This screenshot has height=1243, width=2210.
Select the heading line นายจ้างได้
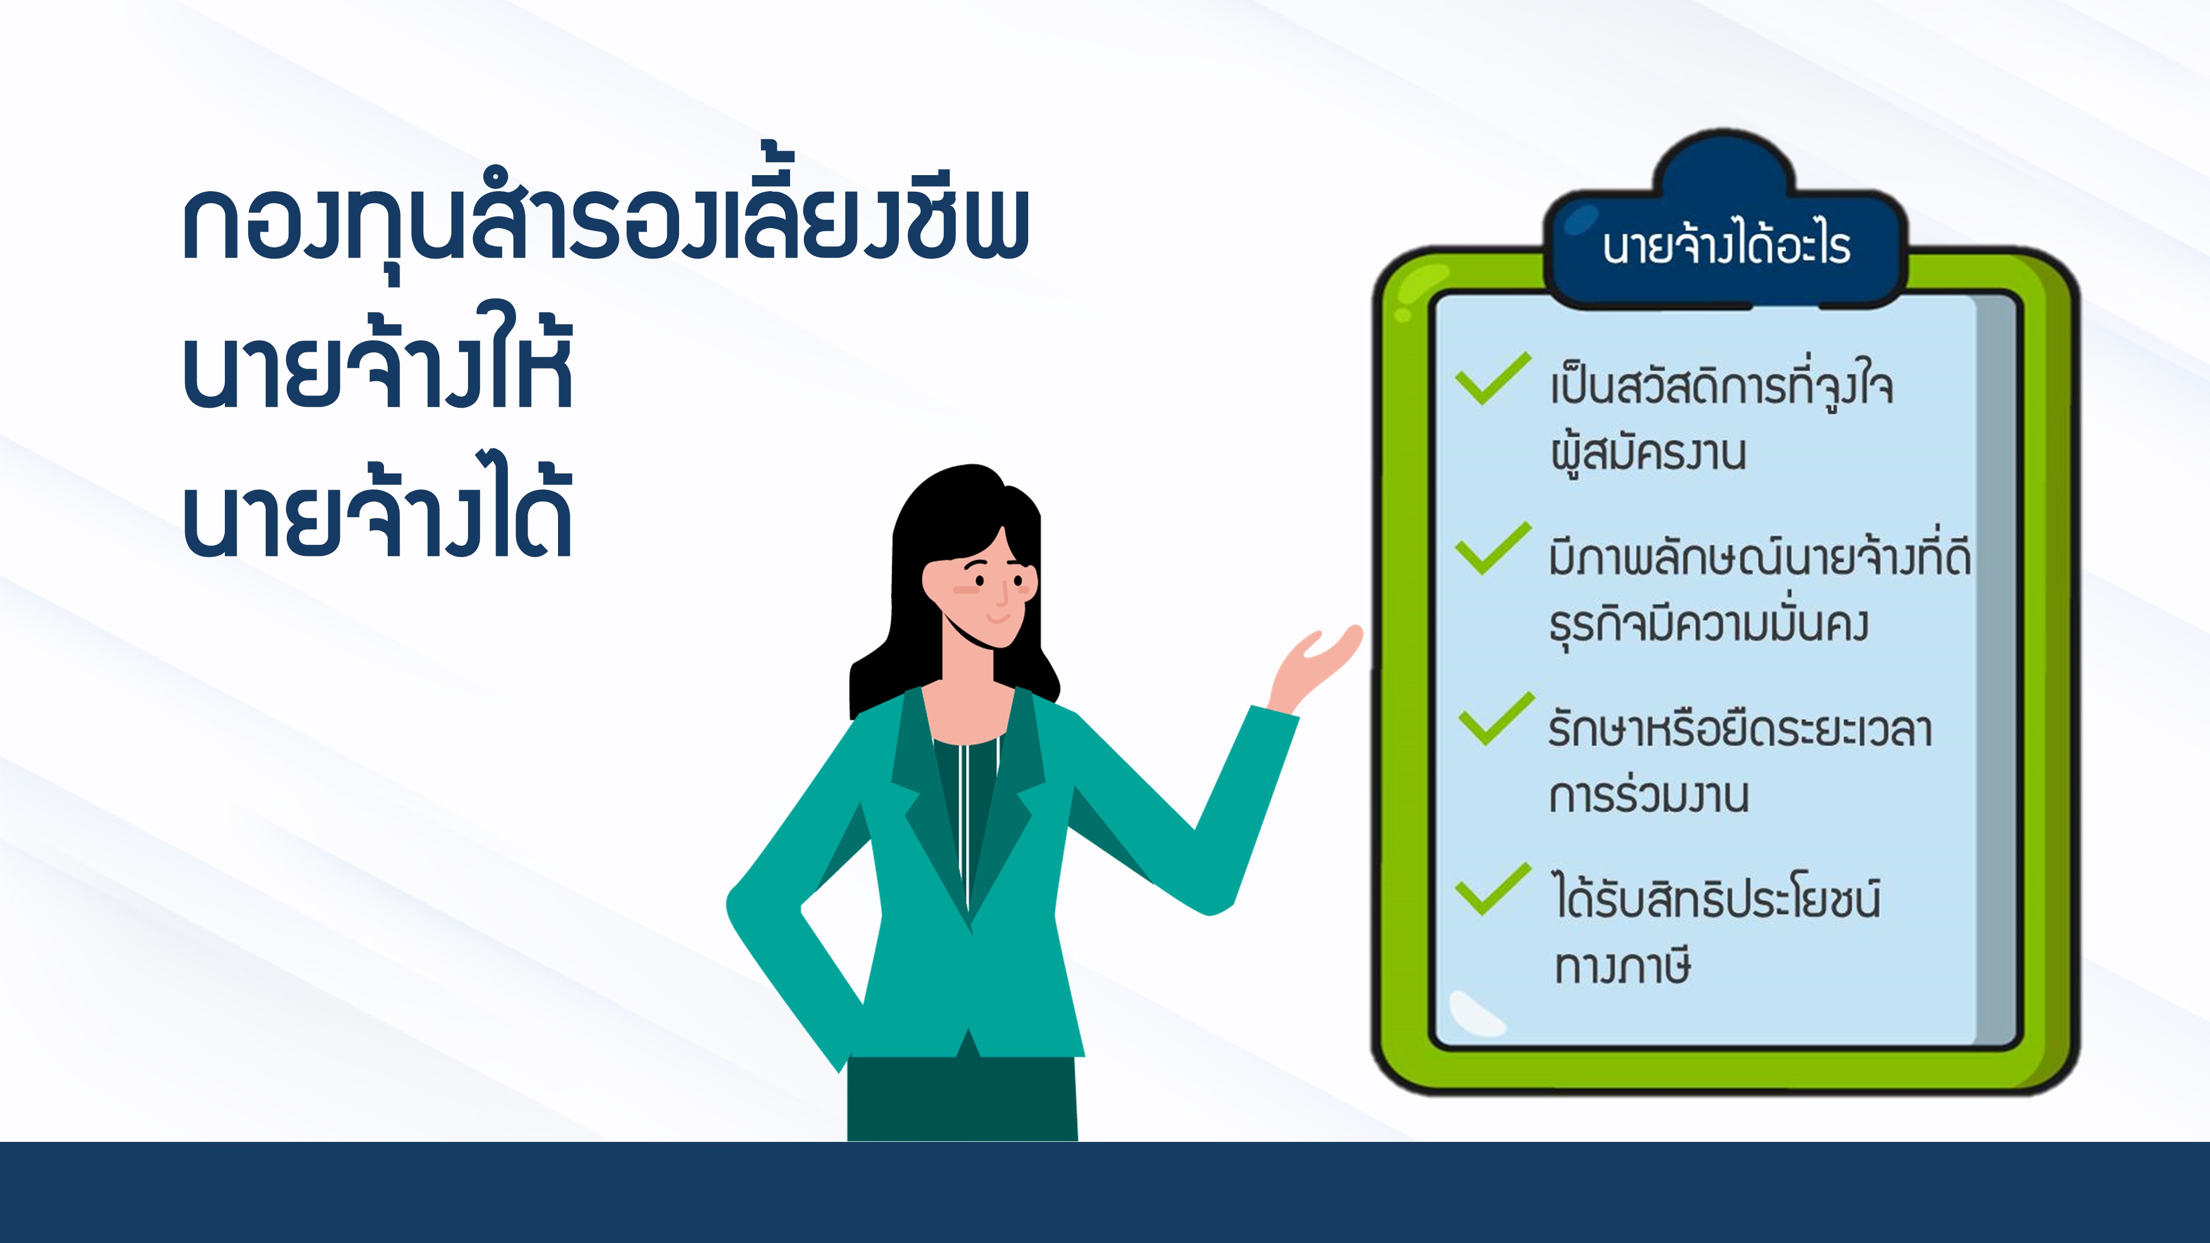click(377, 509)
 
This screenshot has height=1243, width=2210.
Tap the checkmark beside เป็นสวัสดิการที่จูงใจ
click(1493, 377)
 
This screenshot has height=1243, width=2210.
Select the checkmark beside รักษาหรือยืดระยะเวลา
click(1496, 718)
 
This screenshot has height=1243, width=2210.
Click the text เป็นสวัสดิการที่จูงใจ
click(1721, 387)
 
